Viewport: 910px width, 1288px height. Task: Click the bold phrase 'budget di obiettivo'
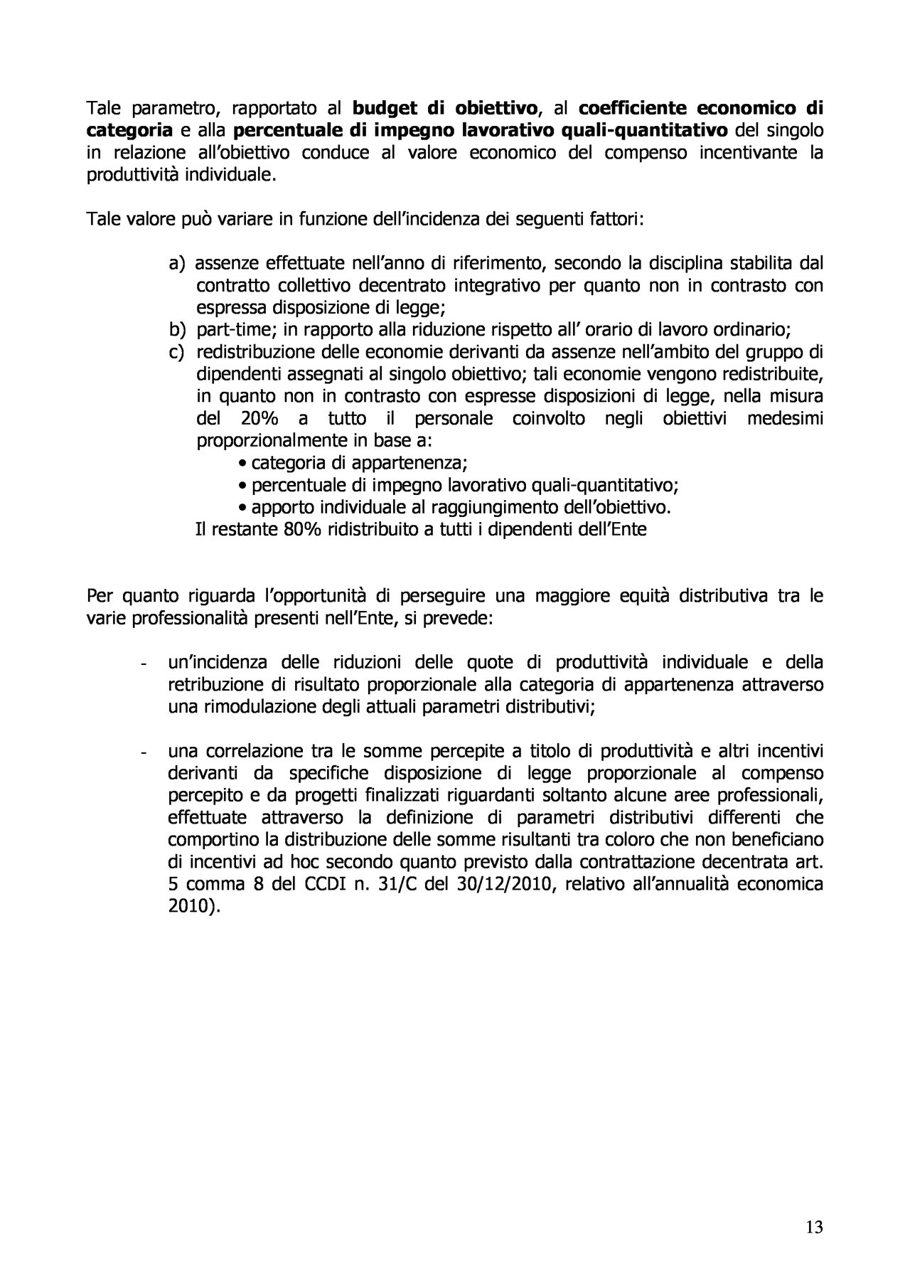click(x=445, y=109)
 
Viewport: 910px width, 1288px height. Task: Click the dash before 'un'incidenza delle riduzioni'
click(x=144, y=665)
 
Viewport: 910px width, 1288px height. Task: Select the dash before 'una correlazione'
click(x=144, y=753)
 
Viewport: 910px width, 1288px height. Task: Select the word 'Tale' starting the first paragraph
click(x=103, y=109)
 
